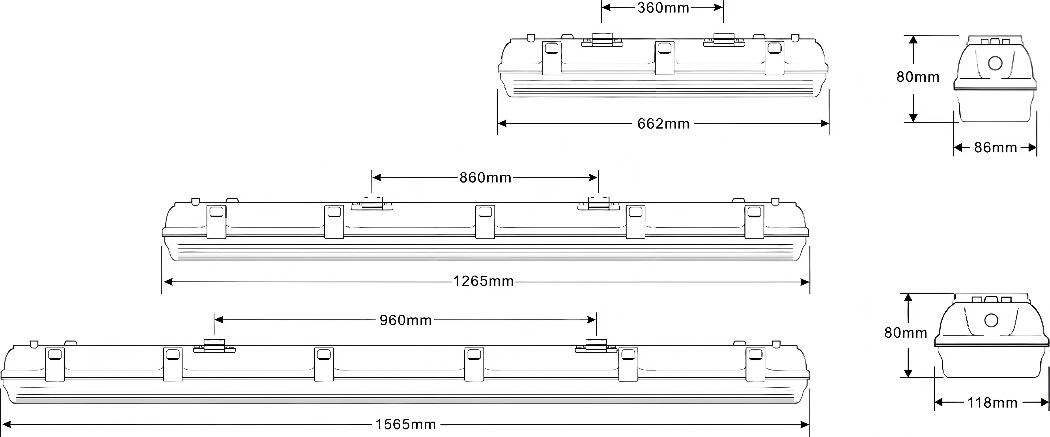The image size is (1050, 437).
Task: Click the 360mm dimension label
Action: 663,8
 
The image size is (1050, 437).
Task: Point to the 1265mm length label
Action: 484,281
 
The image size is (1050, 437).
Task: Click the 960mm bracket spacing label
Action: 405,320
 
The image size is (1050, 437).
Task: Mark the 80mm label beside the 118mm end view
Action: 906,333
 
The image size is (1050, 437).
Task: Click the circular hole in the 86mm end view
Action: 995,63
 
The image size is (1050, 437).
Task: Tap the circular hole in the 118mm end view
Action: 991,320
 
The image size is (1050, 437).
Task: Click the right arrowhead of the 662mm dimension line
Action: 824,123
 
